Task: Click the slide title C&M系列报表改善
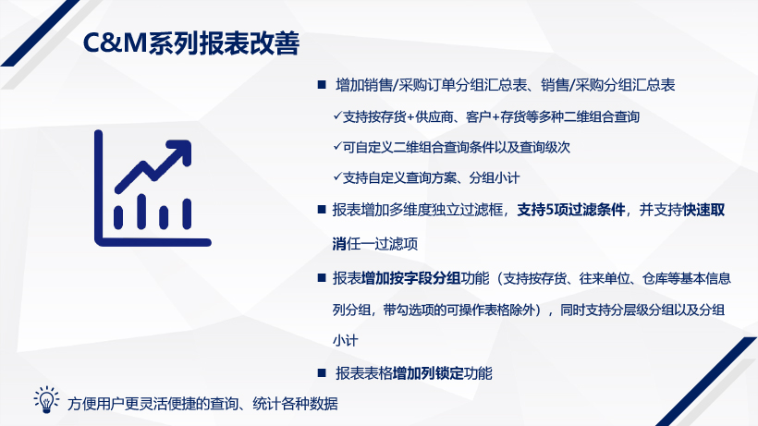coord(191,43)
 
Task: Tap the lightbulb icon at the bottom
coord(46,399)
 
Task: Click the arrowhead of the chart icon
coord(181,151)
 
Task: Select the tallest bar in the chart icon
coord(141,212)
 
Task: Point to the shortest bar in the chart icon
coord(164,217)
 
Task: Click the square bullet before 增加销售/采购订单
coord(322,85)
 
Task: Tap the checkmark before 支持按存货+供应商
coord(337,116)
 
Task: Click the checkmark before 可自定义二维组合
coord(337,146)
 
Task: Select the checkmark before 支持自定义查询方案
coord(337,177)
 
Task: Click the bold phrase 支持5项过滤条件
coord(571,210)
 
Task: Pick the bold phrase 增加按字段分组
coord(411,278)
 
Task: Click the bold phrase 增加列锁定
coord(428,373)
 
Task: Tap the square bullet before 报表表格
coord(322,373)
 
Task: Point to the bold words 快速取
coord(703,210)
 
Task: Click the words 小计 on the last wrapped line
coord(345,340)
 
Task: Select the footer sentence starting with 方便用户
coord(202,403)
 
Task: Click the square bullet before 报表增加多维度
coord(322,210)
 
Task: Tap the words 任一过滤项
coord(382,244)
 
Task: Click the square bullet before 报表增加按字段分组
coord(322,278)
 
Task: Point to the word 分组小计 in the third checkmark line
coord(494,177)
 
